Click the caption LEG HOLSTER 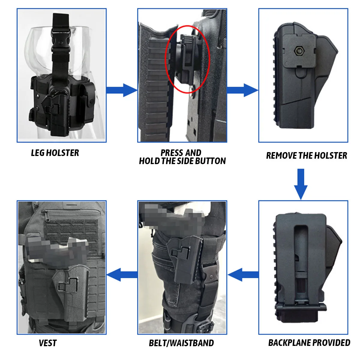point(55,153)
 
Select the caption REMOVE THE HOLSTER point(306,155)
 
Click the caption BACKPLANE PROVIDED point(309,343)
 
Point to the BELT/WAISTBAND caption point(181,343)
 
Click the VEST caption point(48,343)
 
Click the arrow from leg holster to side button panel point(121,90)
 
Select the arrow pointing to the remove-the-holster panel point(242,90)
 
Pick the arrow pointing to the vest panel point(122,275)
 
